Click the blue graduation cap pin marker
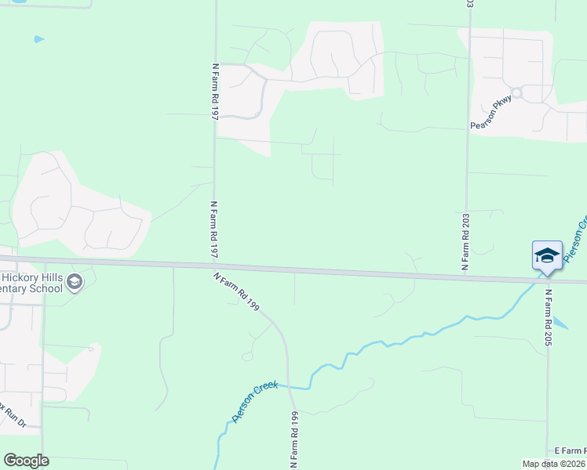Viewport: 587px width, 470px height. (547, 255)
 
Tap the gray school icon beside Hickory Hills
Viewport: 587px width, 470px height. (75, 282)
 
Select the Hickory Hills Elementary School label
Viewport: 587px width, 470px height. (31, 283)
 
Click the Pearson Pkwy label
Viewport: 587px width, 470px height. (490, 112)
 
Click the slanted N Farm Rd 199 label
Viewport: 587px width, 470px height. (236, 291)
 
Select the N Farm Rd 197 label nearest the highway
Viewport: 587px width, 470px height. (213, 230)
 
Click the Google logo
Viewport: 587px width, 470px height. (26, 461)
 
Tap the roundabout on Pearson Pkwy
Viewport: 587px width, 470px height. (516, 92)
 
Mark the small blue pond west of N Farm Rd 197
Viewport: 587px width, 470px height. (38, 38)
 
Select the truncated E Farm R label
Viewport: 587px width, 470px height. (570, 450)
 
